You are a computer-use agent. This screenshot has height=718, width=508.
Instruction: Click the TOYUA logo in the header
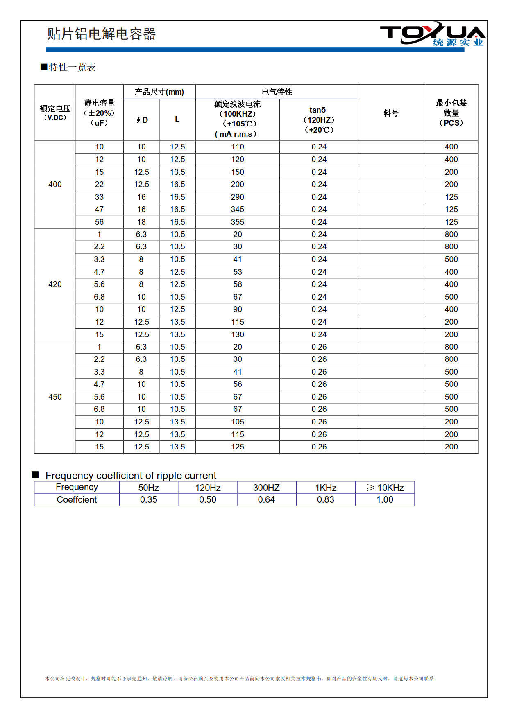coord(432,35)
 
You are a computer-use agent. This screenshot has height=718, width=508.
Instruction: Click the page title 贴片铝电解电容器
coord(101,34)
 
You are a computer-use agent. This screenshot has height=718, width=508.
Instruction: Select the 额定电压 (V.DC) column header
coord(55,113)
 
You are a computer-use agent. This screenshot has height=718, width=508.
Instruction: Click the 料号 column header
coord(390,113)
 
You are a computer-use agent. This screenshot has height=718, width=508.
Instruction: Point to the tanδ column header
coord(318,120)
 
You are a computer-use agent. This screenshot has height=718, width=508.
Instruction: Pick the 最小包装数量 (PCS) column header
coord(451,113)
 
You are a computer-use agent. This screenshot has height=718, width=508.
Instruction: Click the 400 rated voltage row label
coord(55,184)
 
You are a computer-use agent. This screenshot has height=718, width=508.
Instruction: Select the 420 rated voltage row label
coord(55,284)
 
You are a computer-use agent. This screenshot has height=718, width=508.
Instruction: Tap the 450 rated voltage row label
coord(55,397)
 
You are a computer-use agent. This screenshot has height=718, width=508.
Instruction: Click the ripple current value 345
coord(237,209)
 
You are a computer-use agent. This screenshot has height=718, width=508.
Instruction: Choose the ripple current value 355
coord(237,222)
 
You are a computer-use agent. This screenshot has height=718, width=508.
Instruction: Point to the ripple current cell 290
coord(237,197)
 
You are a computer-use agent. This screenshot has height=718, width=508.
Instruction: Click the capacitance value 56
coord(99,222)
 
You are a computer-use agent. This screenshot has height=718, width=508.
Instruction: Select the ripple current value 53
coord(237,272)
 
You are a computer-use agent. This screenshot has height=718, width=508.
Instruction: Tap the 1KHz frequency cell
coord(326,488)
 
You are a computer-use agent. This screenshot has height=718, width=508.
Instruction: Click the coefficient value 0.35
coord(148,499)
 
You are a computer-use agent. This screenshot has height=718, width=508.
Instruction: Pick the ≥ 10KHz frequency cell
coord(385,488)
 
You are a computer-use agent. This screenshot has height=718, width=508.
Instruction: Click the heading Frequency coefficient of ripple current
coord(131,475)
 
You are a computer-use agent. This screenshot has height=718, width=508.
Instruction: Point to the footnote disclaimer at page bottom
coord(241,678)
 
